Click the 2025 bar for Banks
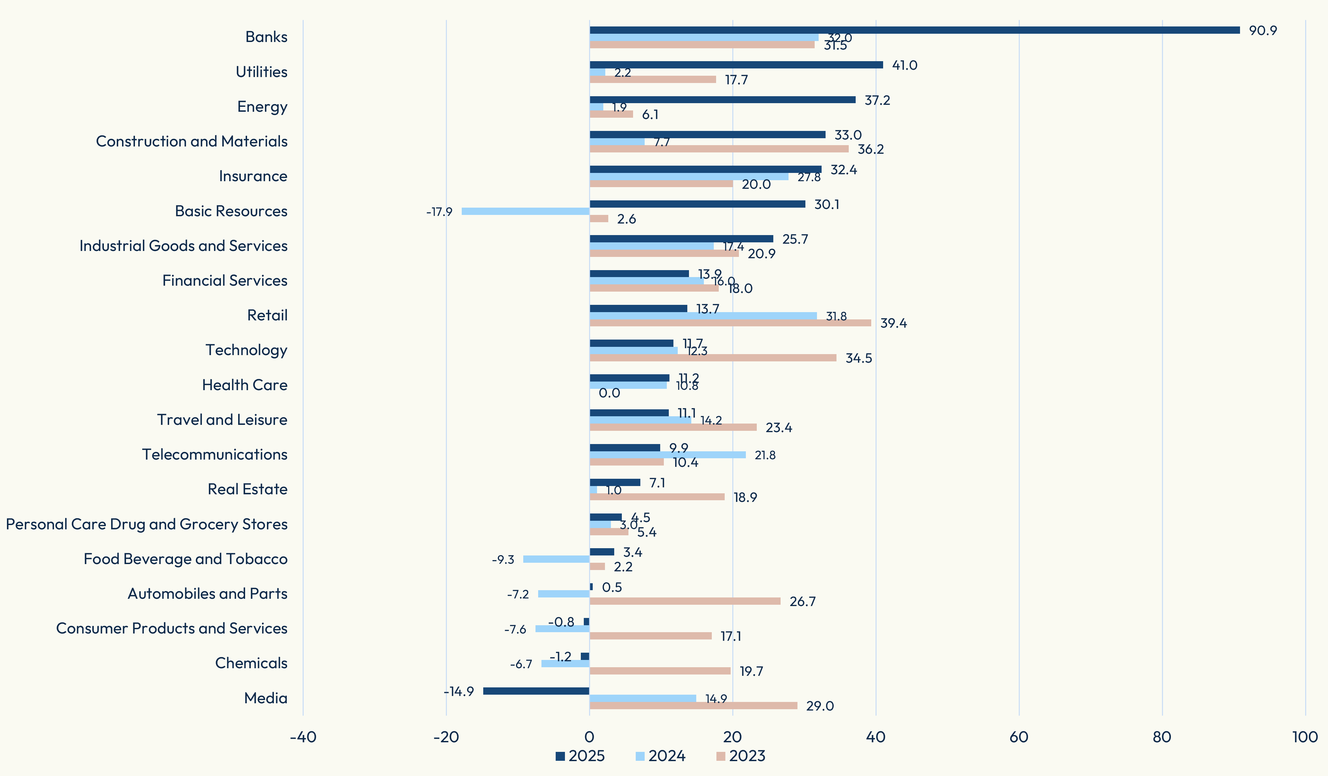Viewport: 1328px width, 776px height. click(914, 30)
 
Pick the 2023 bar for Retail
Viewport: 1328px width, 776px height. click(730, 323)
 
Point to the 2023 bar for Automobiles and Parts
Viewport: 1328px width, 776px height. click(685, 601)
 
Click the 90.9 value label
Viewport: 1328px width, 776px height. click(1263, 30)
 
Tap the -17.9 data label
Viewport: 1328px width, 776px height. click(439, 212)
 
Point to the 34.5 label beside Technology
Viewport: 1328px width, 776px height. click(858, 358)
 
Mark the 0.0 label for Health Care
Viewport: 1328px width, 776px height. click(609, 393)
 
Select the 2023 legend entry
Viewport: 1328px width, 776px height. click(741, 756)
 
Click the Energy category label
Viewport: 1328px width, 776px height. click(262, 106)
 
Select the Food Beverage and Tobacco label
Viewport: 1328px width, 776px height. click(186, 559)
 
